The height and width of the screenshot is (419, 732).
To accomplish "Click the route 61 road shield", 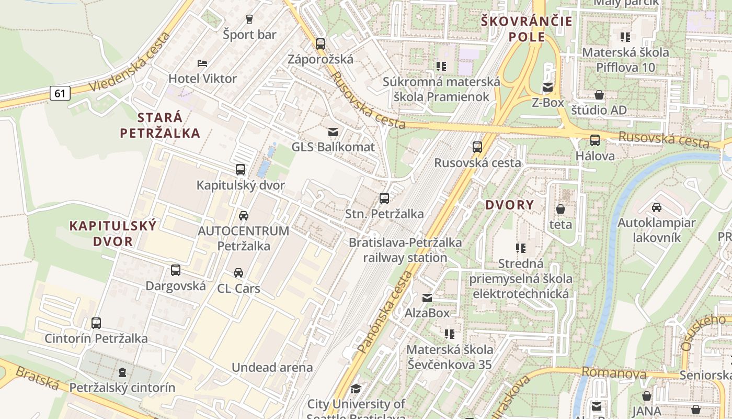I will point(60,94).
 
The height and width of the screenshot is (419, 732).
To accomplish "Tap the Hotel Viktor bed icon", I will point(202,63).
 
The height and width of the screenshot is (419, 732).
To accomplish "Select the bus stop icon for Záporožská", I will point(320,44).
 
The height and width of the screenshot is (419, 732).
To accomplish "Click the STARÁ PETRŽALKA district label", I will point(160,125).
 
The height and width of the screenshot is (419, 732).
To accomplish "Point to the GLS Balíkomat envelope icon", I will point(333,131).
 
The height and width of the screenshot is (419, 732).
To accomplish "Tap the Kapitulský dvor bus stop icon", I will point(241,170).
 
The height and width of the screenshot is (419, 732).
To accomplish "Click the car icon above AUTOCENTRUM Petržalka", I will point(243,215).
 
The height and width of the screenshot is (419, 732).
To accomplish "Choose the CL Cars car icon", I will point(238,273).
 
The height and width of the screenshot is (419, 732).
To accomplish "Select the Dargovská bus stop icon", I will point(176,271).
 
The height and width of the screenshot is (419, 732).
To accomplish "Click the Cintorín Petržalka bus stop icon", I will point(96,323).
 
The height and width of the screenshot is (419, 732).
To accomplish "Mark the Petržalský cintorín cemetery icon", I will point(122,372).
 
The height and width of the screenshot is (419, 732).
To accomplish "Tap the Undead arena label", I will point(272,368).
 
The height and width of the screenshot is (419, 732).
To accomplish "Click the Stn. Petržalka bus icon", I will point(384,199).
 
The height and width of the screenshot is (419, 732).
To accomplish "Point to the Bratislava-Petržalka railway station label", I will point(405,250).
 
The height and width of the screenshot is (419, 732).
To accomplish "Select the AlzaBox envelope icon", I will point(427,298).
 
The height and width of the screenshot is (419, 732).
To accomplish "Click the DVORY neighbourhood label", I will point(509,205).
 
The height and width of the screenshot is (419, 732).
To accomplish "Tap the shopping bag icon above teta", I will point(561,209).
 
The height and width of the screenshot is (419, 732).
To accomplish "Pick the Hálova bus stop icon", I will point(595,140).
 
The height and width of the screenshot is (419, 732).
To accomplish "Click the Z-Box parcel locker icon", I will point(547,87).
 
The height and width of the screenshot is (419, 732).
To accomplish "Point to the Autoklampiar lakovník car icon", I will point(657,207).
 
